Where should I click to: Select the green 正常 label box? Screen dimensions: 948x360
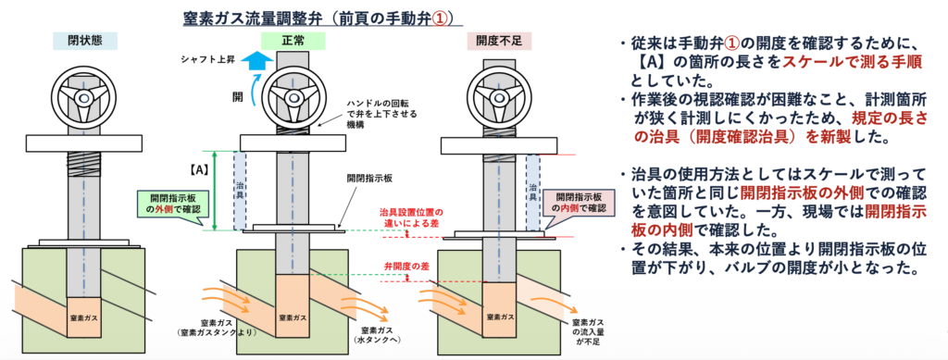pos(293,41)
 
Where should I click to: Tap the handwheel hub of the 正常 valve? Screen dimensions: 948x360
pos(293,97)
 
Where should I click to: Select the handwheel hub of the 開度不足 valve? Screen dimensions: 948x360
pos(499,96)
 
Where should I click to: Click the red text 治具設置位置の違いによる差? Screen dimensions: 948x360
pos(408,218)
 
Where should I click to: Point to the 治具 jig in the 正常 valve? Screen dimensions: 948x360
pos(240,191)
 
